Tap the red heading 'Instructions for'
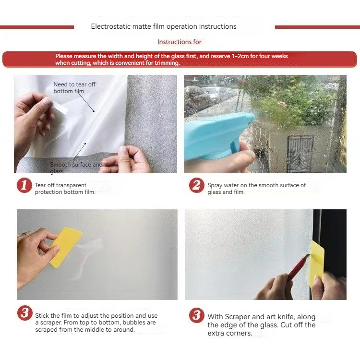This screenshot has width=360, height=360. [180, 42]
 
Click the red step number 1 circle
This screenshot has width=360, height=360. [24, 185]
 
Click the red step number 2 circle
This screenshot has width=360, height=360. [196, 185]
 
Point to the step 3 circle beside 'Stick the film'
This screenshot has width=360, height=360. [24, 312]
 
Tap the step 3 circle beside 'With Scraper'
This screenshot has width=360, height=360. [196, 315]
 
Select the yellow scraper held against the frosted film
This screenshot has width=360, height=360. [65, 248]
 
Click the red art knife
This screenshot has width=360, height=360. [299, 267]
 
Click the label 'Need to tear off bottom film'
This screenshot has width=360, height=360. [74, 88]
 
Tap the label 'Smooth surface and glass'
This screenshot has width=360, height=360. [76, 168]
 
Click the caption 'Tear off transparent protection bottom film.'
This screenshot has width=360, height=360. [65, 189]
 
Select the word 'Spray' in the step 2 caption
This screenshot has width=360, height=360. [215, 185]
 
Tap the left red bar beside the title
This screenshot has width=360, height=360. [37, 27]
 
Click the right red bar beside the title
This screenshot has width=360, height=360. [317, 27]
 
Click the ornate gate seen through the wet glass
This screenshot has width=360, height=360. [300, 154]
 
